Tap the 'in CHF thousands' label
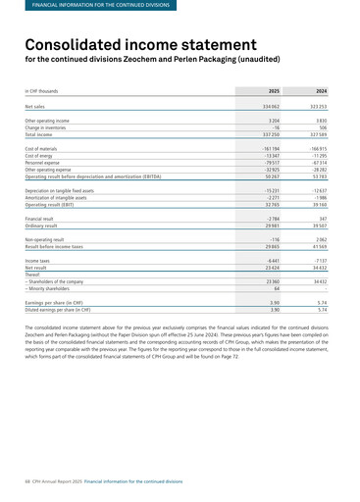point(45,90)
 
